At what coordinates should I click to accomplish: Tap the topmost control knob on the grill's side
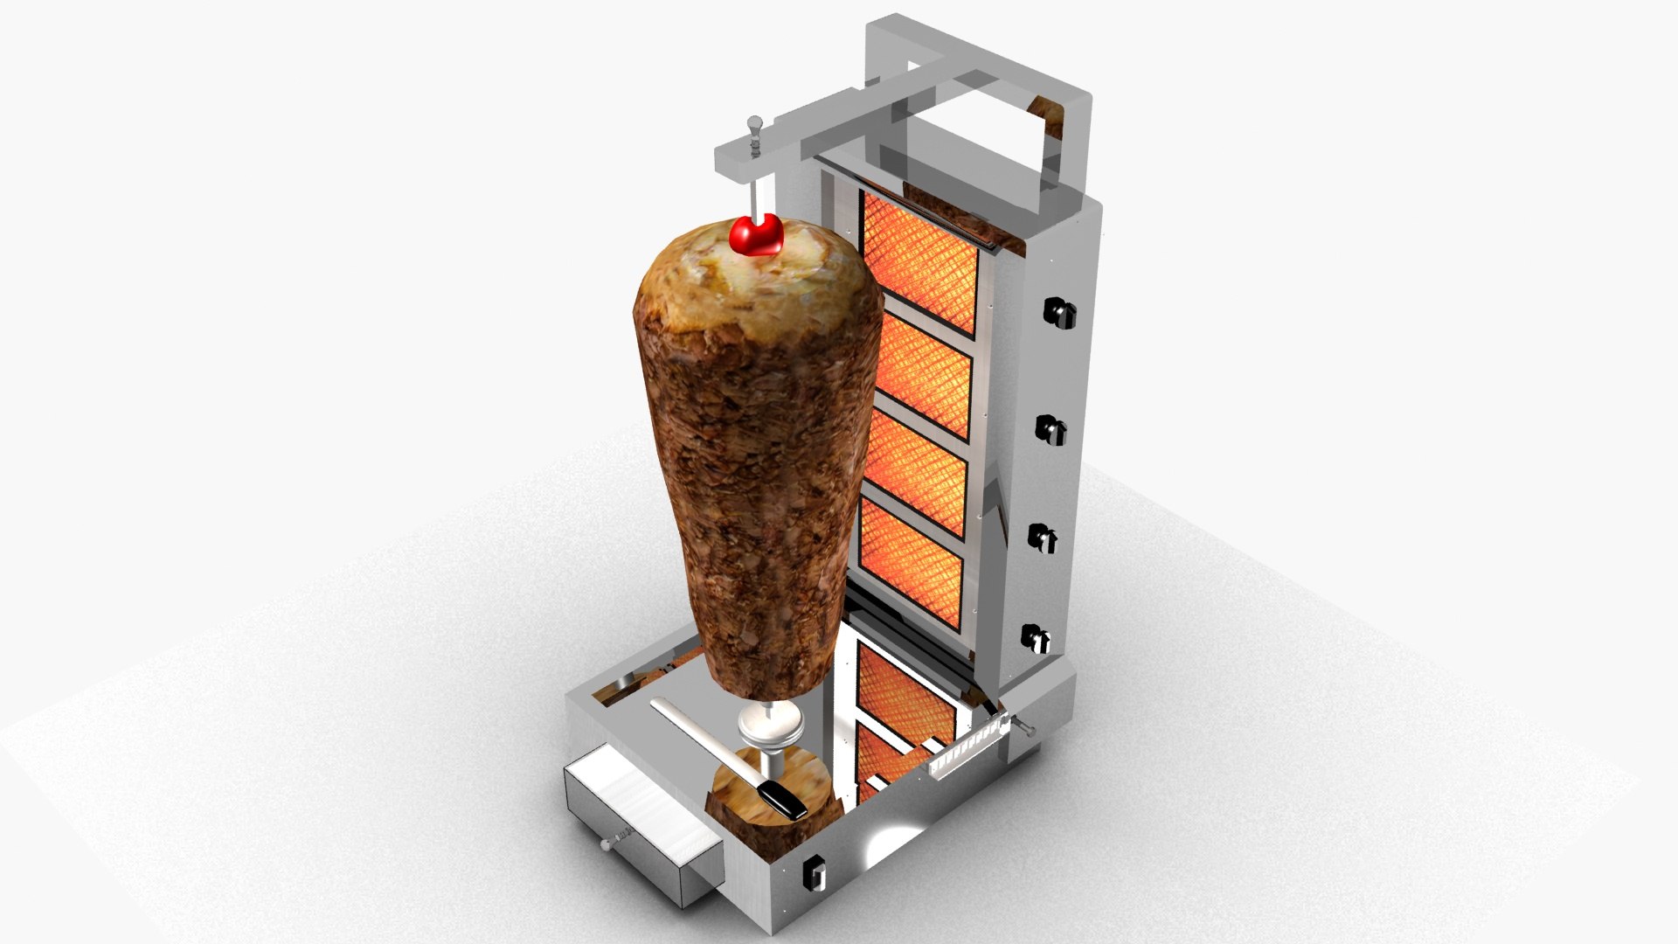[x=1058, y=312]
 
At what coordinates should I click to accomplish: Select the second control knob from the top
[x=1050, y=428]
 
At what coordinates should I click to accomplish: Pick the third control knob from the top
[x=1043, y=538]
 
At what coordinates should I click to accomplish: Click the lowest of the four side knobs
[x=1036, y=638]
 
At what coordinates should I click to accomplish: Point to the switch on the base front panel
[x=815, y=871]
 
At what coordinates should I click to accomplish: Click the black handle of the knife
[x=782, y=799]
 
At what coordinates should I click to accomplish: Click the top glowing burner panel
[x=919, y=262]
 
